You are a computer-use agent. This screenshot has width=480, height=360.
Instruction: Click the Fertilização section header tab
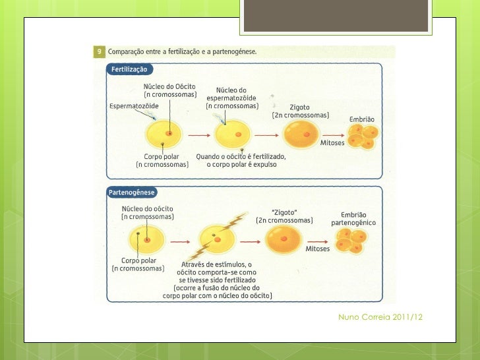pyautogui.click(x=130, y=69)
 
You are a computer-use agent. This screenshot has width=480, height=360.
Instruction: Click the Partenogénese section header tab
pyautogui.click(x=132, y=193)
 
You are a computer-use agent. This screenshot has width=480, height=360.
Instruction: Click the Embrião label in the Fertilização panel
pyautogui.click(x=362, y=119)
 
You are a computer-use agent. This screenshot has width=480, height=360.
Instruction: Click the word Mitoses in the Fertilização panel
pyautogui.click(x=332, y=142)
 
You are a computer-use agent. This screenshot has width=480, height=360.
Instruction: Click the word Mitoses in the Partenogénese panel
pyautogui.click(x=317, y=248)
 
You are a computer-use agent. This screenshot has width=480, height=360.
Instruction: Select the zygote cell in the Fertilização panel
pyautogui.click(x=301, y=136)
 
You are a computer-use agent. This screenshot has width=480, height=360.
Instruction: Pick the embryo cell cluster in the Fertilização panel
pyautogui.click(x=362, y=137)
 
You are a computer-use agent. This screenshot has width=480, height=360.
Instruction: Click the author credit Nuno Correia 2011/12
pyautogui.click(x=380, y=318)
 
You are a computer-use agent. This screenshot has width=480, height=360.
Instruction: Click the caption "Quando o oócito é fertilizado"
pyautogui.click(x=240, y=157)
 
